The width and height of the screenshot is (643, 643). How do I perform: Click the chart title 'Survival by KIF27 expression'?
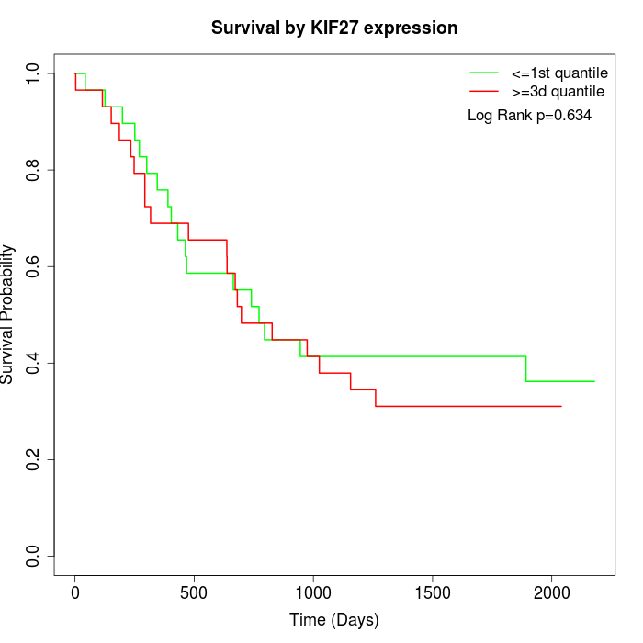click(x=334, y=28)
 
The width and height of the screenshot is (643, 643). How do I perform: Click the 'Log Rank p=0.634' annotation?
click(x=529, y=116)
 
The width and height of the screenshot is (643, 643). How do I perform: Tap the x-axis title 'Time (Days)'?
click(x=334, y=620)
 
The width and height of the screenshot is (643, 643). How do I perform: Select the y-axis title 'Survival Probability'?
click(x=8, y=314)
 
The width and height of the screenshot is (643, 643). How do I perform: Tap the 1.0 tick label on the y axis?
click(x=33, y=73)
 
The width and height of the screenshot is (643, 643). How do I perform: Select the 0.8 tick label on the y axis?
click(x=33, y=170)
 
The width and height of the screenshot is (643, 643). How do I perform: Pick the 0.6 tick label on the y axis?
click(x=33, y=266)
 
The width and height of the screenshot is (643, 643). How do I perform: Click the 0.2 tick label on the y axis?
click(x=33, y=459)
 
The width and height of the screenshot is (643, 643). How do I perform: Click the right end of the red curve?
click(x=560, y=406)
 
